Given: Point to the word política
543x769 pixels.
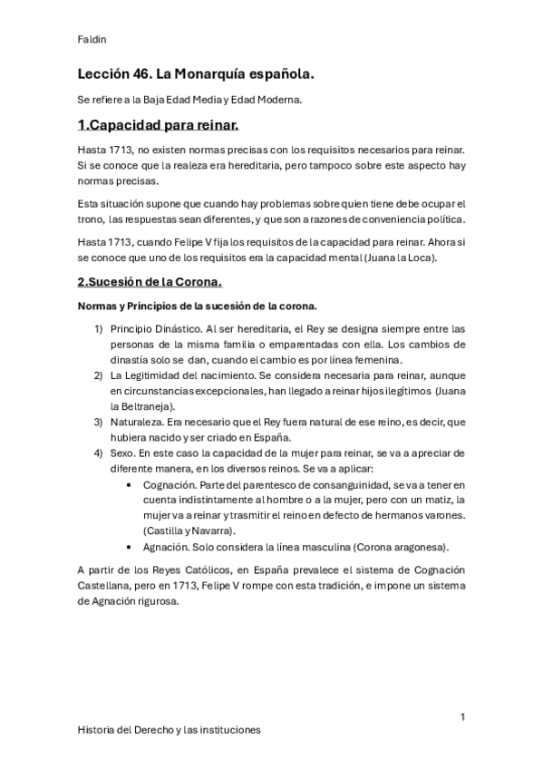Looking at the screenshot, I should pos(442,219).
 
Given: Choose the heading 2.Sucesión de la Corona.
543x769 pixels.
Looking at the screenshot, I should pos(150,283).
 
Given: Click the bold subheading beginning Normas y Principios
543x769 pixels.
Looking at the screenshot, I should pos(197,306).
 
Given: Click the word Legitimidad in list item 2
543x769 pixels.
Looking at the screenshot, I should pos(174,374).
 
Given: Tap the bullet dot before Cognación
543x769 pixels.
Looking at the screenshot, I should pos(133,484).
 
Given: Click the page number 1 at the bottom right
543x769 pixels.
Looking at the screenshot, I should pos(462,716).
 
